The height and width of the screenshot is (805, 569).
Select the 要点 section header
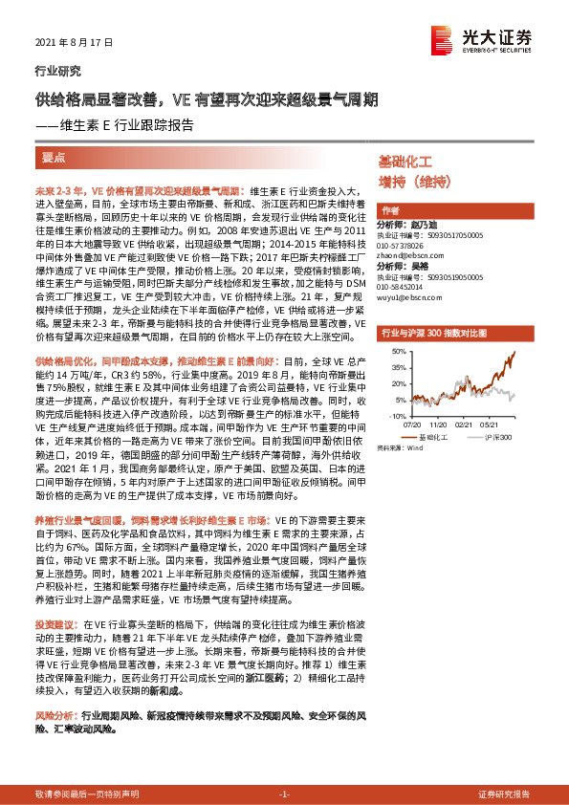click(x=55, y=156)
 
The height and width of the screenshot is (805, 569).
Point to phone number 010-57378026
click(x=403, y=245)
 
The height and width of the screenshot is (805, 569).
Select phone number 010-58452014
click(x=403, y=286)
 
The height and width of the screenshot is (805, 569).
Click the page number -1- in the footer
click(x=284, y=794)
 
